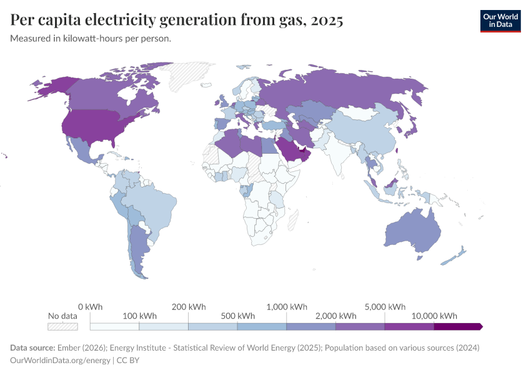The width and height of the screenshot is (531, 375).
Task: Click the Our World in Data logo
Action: [500, 20]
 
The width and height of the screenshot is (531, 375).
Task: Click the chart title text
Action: [177, 21]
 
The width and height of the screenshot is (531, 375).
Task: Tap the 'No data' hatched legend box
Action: [62, 326]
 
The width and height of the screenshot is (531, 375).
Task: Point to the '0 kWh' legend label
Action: [90, 307]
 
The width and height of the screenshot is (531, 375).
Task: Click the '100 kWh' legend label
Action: [139, 316]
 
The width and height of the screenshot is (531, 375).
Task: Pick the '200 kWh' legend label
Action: [188, 307]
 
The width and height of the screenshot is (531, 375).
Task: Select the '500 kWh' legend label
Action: [237, 316]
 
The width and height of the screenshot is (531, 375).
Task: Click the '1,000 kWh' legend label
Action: [286, 307]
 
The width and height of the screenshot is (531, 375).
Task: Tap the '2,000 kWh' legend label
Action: [335, 316]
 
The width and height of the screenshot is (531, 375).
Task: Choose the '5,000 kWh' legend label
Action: [384, 307]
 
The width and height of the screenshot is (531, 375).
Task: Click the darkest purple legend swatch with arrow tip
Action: [458, 326]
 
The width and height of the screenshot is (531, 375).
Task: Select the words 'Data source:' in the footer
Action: [32, 347]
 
